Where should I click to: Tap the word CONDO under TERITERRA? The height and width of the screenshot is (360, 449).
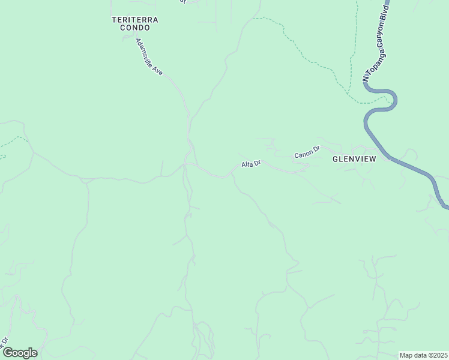tap(135, 28)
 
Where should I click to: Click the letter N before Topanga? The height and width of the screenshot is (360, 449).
tap(365, 77)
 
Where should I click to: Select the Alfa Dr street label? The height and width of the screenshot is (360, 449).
tap(251, 164)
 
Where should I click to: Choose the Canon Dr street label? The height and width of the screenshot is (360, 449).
tap(307, 153)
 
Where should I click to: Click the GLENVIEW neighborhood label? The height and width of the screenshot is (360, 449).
tap(354, 160)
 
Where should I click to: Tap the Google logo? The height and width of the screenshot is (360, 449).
tap(20, 353)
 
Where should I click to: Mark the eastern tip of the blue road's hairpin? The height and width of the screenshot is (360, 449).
tap(396, 100)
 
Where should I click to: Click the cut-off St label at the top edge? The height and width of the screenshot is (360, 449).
tap(184, 2)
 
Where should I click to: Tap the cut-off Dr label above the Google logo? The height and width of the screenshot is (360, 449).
tap(4, 341)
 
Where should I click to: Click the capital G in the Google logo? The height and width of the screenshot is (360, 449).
tap(8, 353)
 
